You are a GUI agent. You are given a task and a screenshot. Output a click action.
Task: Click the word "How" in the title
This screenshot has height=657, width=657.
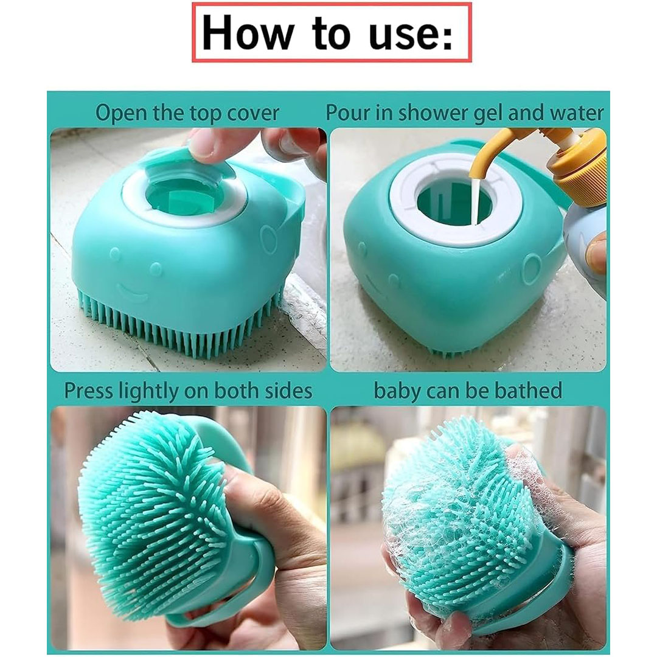[x=246, y=33]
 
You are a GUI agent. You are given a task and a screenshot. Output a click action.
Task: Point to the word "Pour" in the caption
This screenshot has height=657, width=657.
[x=347, y=113]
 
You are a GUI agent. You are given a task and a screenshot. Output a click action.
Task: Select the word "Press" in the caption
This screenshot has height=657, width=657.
[x=89, y=391]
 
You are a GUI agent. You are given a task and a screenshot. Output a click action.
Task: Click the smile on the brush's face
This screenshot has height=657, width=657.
[x=132, y=292]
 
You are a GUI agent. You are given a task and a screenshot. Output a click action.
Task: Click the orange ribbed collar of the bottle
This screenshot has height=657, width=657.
[x=581, y=175]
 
